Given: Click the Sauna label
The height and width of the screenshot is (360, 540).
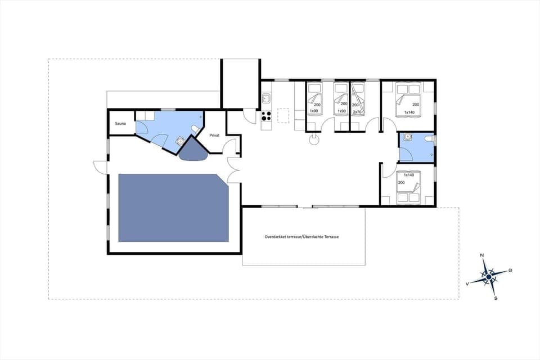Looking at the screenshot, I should point(120,123).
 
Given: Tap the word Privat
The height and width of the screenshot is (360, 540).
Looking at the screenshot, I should point(214,136).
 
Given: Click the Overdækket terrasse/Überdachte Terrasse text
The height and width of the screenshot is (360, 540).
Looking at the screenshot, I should point(301,237).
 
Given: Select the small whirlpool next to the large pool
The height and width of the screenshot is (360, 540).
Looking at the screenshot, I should point(193,150).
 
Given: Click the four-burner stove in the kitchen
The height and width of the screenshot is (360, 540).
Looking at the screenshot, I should point(266,116).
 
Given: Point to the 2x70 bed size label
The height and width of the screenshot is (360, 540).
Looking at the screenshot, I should point(356,111).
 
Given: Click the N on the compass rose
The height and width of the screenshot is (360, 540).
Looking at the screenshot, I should point(482,255).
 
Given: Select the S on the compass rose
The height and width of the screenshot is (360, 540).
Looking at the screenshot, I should point(496,298).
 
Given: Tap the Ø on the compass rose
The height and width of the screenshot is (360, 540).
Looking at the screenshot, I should point(510,271).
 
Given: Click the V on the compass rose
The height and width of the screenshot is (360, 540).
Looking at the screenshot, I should point(467,284).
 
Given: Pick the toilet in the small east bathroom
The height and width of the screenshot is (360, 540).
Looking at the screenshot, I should point(429,139).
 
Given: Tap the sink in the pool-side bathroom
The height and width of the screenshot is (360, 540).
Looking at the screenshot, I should point(180,142).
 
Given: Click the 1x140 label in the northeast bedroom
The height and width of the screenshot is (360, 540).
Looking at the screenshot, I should point(409,111).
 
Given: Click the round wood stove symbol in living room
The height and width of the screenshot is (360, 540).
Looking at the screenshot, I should point(313,141).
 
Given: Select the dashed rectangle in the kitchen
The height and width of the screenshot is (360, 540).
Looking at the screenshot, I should point(284,114).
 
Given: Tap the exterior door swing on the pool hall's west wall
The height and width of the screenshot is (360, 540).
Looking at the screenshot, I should point(100,167).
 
